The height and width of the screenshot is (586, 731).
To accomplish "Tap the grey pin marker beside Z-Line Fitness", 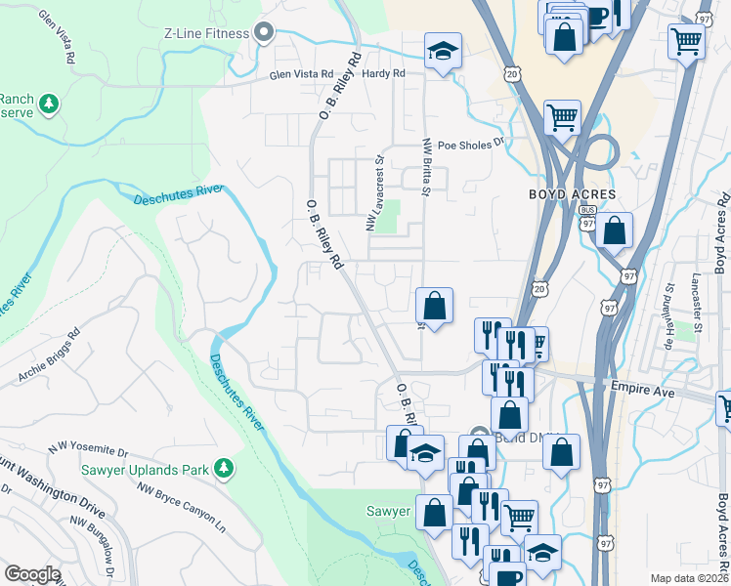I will point(263,33).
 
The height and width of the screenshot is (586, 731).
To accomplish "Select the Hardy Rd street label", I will point(383,73).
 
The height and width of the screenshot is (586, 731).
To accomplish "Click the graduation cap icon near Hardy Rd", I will point(444,51).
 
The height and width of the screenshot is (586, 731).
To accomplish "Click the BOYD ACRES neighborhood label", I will point(573,194).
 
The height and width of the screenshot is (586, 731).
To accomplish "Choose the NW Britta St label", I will point(426,166).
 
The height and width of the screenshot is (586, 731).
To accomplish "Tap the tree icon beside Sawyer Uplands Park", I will point(224,470).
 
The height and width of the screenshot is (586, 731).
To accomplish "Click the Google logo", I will point(32,574).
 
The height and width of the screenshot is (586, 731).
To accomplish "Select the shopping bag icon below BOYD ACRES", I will point(615,232).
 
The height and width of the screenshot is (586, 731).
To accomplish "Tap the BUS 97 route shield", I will point(587,217).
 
